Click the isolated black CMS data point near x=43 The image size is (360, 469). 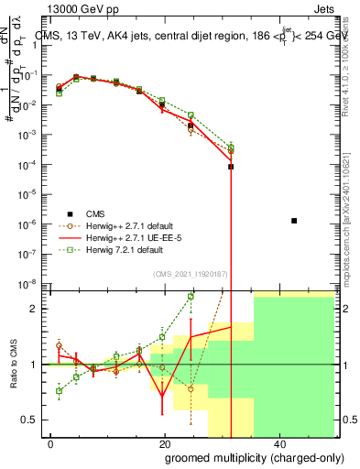coord(293,221)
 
